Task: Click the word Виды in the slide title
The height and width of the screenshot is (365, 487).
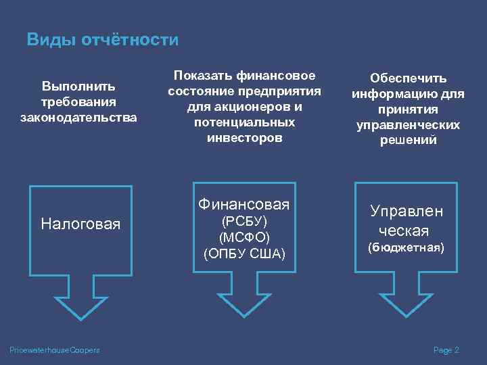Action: (51, 40)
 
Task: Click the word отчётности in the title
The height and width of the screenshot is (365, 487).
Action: (131, 40)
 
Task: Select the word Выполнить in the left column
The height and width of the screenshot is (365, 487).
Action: (78, 87)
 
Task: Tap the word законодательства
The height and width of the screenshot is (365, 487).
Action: (78, 117)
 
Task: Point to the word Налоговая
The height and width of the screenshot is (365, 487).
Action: (80, 223)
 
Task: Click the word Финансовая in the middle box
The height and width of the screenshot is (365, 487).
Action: (244, 204)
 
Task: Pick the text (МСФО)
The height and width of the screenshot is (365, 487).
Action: (244, 237)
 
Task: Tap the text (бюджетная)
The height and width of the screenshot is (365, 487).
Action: (406, 248)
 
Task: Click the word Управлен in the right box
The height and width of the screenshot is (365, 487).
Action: (407, 211)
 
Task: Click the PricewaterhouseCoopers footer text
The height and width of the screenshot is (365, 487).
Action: (55, 349)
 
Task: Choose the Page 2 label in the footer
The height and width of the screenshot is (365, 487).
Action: (446, 349)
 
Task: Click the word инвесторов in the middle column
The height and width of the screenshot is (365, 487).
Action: (244, 138)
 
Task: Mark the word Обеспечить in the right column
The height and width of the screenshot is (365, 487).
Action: (407, 79)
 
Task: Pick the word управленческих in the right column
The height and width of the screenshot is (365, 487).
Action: (407, 125)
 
